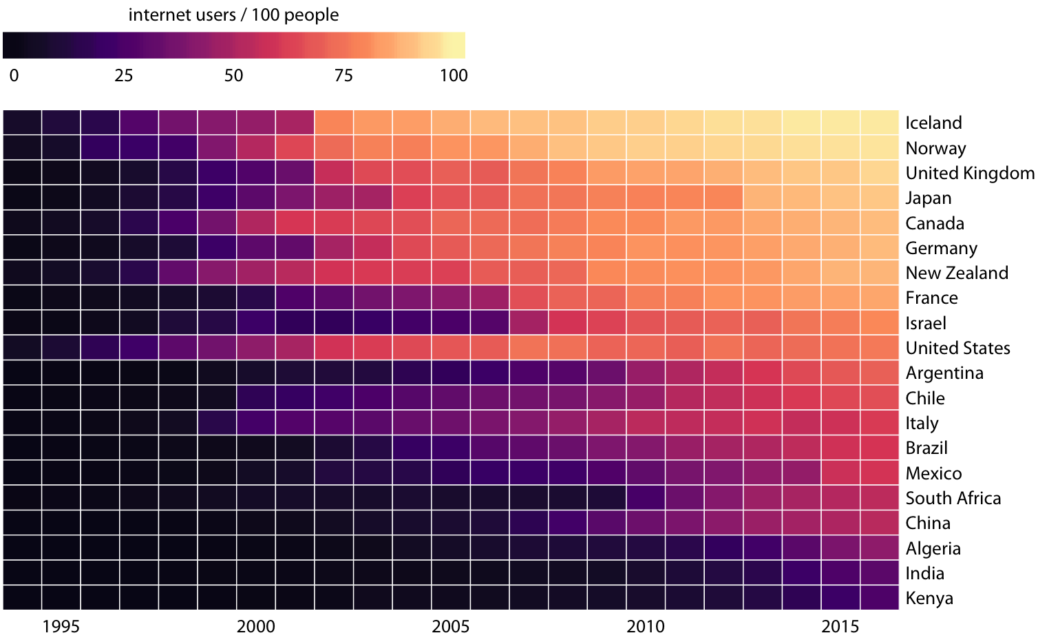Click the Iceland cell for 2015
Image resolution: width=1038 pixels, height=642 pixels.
(840, 123)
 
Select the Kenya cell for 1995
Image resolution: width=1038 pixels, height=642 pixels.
(61, 598)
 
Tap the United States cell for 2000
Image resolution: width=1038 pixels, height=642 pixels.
(256, 348)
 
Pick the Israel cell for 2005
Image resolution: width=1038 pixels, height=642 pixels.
(451, 323)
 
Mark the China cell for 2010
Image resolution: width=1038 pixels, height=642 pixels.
(646, 523)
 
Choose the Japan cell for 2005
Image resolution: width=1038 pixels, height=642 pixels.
(451, 198)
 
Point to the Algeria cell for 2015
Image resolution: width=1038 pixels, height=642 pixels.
(840, 548)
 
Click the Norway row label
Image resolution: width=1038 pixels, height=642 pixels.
(935, 149)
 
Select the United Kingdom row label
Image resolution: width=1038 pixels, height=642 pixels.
(969, 174)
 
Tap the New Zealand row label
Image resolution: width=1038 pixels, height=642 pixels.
(957, 273)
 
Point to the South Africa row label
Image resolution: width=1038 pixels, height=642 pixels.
(953, 499)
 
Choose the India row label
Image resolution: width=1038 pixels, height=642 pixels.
(924, 574)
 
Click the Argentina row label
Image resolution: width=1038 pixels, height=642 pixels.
(944, 373)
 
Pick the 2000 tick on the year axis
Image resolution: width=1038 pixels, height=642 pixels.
(256, 626)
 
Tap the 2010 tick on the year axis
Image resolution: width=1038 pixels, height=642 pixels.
(646, 626)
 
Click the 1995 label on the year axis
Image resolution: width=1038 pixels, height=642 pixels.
(61, 626)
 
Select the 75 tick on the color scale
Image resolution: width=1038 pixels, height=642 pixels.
(343, 76)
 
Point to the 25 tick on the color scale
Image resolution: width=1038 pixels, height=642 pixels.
(124, 76)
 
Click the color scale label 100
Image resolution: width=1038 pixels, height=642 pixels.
(454, 76)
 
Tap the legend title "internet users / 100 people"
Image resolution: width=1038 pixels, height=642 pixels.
(233, 15)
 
